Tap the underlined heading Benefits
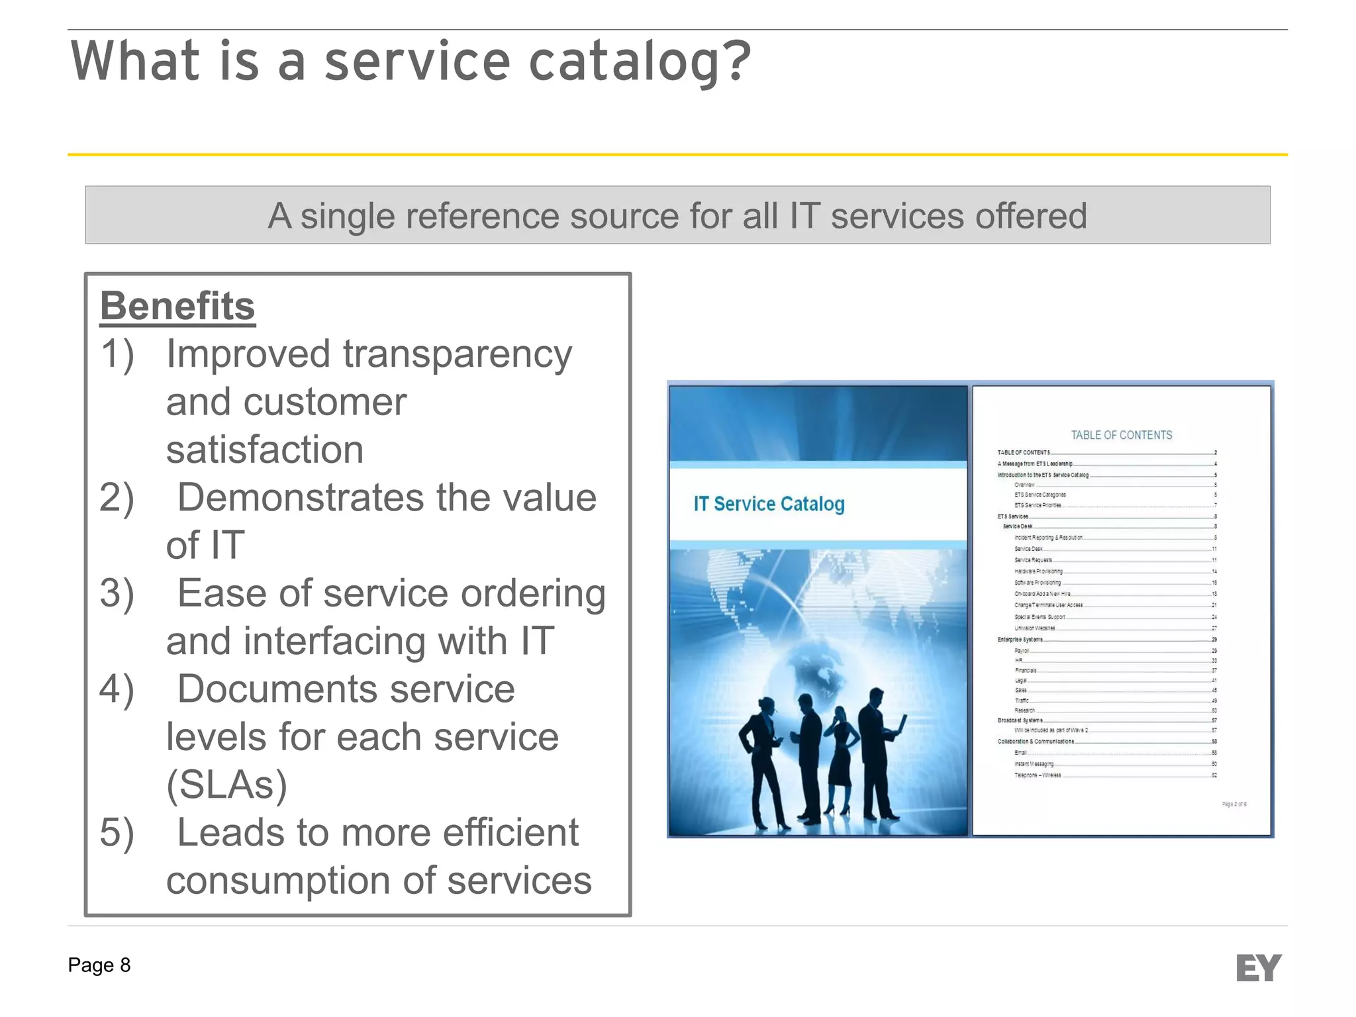click(177, 306)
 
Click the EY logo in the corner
click(1258, 968)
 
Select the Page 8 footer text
click(99, 965)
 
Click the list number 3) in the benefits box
click(117, 593)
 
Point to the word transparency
click(457, 354)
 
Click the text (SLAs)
click(226, 785)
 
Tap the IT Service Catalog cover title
click(769, 504)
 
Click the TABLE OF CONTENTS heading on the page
click(1121, 435)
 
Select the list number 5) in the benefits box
click(117, 832)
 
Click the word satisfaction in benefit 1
click(265, 450)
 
